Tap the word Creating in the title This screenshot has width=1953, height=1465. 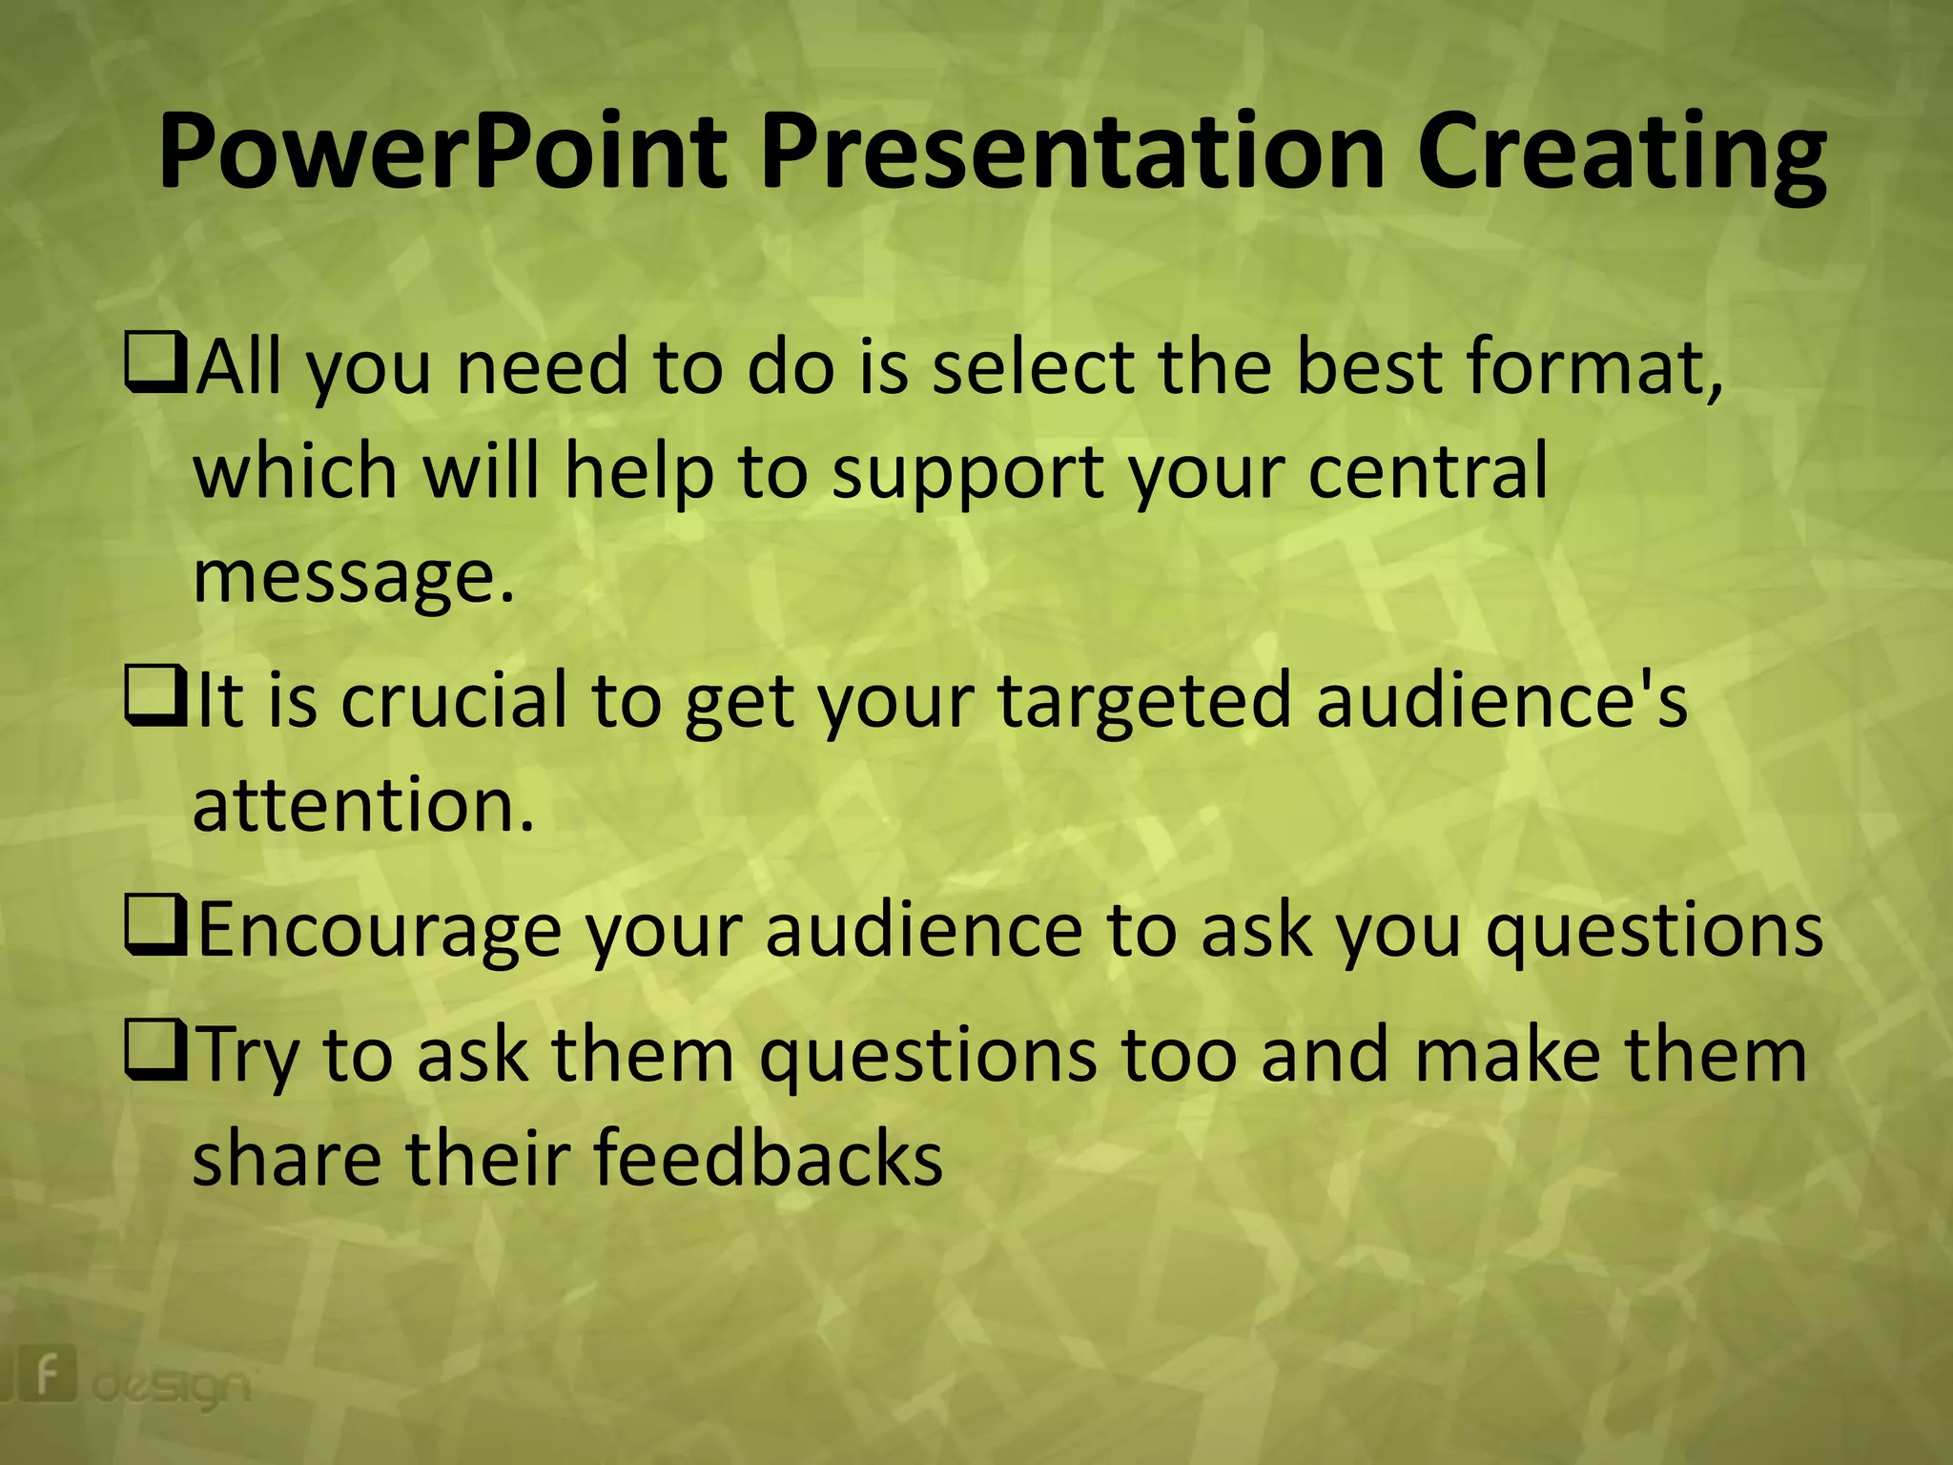tap(1620, 153)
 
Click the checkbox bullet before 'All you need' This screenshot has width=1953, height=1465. tap(154, 364)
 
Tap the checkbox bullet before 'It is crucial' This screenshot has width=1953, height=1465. tap(154, 698)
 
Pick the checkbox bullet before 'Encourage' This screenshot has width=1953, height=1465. tap(154, 928)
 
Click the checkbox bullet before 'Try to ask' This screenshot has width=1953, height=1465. tap(154, 1052)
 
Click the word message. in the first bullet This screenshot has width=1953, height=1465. tap(353, 577)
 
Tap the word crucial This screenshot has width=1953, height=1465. tap(454, 700)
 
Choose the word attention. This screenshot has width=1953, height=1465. tap(362, 805)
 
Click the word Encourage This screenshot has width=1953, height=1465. tap(379, 931)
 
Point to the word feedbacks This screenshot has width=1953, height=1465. tap(768, 1158)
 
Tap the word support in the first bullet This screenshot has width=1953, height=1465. tap(968, 473)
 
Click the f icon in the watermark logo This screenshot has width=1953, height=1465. tap(45, 1374)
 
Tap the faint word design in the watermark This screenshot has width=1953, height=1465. tap(172, 1388)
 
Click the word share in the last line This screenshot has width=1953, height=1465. tap(286, 1158)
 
